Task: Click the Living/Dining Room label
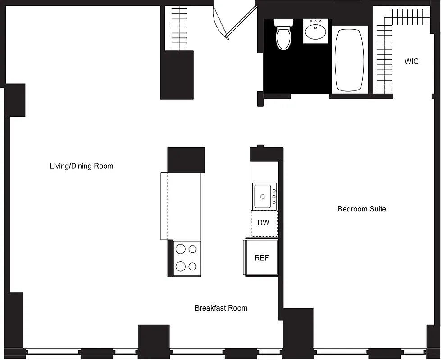(81, 166)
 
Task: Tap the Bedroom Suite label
(362, 209)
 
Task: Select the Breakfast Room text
(221, 308)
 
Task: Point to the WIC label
(411, 62)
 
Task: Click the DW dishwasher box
(264, 223)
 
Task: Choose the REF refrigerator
(261, 257)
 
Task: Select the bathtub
(350, 59)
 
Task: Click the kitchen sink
(263, 196)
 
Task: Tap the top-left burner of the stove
(181, 249)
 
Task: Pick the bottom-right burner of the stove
(193, 266)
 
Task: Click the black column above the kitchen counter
(186, 159)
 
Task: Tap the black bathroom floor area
(297, 72)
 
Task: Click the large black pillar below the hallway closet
(177, 75)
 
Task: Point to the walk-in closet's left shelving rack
(384, 58)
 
